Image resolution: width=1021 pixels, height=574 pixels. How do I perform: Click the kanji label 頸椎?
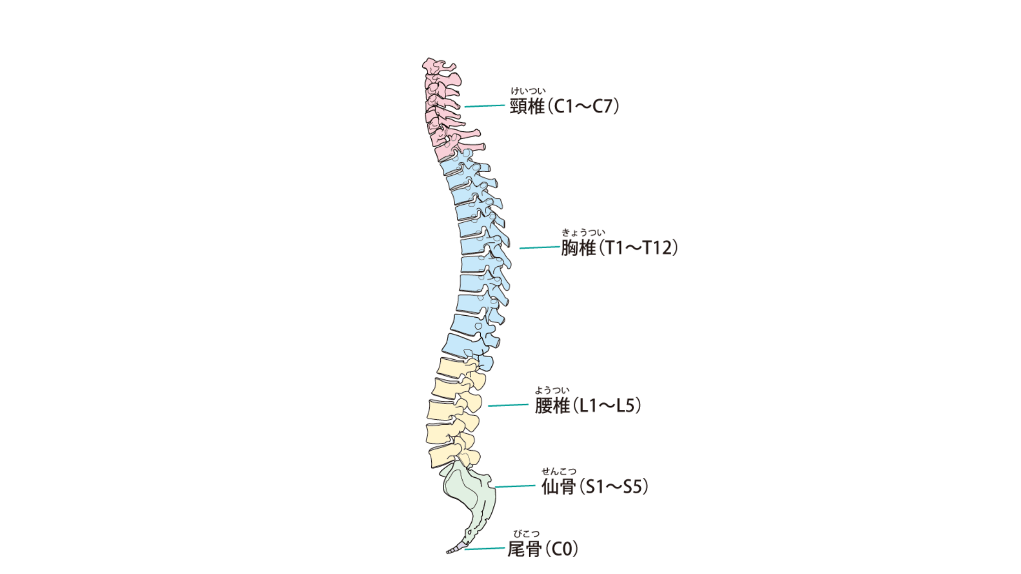528,106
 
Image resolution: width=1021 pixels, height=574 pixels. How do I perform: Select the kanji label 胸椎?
579,248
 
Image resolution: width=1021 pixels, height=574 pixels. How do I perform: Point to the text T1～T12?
639,248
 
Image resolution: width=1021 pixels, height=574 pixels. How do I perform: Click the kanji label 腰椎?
553,406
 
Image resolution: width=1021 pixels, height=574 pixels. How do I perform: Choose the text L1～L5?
607,406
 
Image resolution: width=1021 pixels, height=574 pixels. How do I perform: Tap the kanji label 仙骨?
558,486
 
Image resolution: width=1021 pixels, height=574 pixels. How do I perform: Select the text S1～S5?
614,486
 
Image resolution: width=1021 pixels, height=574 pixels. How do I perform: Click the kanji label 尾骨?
525,549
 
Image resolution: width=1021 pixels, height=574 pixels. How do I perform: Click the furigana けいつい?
528,91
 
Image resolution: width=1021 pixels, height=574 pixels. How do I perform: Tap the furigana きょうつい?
583,232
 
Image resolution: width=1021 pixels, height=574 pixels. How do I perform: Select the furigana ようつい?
552,391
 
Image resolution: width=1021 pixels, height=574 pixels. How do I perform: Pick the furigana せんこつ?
558,471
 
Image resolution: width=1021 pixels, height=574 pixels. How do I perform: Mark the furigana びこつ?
526,534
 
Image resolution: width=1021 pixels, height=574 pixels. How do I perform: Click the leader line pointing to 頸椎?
484,106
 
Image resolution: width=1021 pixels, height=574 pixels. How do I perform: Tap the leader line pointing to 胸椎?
539,248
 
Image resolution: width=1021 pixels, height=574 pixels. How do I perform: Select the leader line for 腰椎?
508,405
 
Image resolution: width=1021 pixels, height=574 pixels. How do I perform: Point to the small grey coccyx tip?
454,551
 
